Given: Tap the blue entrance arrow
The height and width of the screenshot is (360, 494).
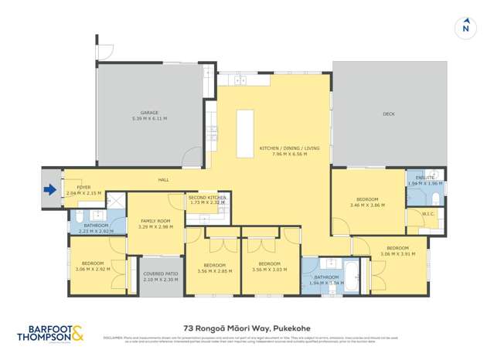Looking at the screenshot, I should click(51, 189).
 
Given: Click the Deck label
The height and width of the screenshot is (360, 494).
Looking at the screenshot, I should click(388, 114).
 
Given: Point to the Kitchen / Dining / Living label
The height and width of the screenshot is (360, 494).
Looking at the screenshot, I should click(283, 148).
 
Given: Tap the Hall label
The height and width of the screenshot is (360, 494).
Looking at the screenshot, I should click(164, 180).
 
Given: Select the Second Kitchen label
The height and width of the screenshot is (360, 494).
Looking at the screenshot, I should click(207, 198).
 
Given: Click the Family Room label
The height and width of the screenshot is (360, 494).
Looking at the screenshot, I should click(155, 221).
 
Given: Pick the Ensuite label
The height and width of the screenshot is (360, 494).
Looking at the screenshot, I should click(425, 178).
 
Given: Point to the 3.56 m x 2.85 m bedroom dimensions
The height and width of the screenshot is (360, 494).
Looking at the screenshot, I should click(215, 270).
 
